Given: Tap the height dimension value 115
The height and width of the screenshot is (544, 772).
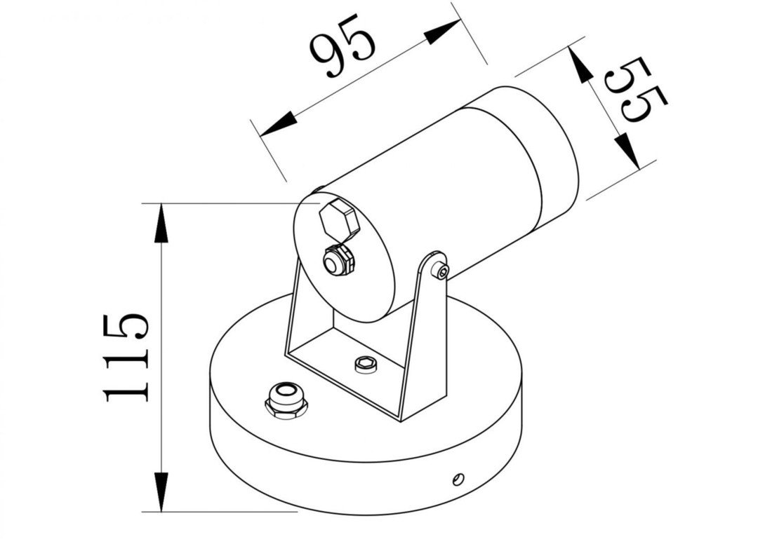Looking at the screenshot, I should point(127,358).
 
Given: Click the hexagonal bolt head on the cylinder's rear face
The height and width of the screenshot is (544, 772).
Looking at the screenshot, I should point(338,220).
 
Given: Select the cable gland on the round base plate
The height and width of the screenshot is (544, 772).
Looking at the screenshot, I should point(286,400).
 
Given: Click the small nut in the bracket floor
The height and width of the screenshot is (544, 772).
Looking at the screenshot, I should point(364,362).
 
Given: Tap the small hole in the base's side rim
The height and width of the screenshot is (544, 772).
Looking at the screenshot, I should point(458,479).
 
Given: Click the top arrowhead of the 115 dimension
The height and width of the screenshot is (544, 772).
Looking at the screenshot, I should point(161,223).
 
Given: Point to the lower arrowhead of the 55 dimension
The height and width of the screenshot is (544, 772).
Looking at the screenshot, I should point(627,151).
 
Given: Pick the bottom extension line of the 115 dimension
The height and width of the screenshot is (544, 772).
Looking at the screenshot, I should point(225,512).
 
